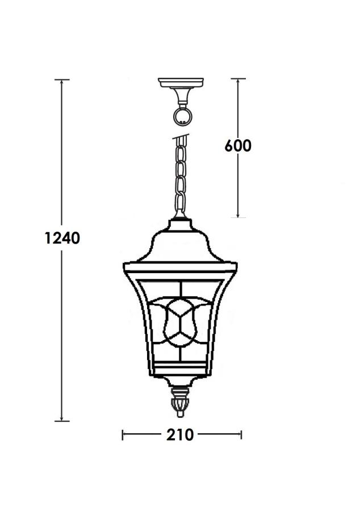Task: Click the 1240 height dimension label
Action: (62, 238)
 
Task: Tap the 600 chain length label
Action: (238, 146)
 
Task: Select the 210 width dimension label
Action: (180, 435)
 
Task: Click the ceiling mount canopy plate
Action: (181, 82)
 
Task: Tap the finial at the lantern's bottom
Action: (180, 402)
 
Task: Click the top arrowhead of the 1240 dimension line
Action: (61, 82)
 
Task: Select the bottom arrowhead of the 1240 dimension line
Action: (61, 418)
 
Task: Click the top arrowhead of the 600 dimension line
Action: (238, 81)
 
